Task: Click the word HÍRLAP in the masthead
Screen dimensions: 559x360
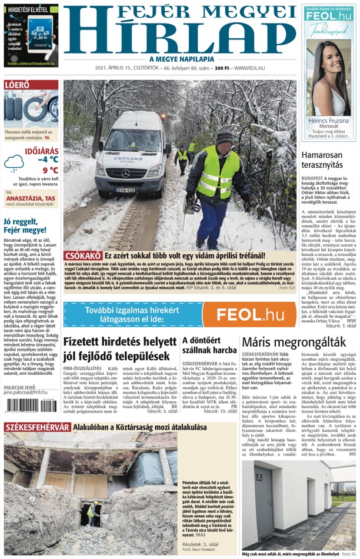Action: tap(179, 38)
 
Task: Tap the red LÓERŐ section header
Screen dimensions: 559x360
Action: tap(17, 85)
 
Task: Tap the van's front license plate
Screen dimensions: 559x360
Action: tap(125, 190)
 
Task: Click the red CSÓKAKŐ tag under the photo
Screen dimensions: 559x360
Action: tap(83, 256)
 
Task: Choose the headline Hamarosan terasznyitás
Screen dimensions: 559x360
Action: tap(326, 159)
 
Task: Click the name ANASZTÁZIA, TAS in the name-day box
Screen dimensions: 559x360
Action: tap(29, 198)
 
